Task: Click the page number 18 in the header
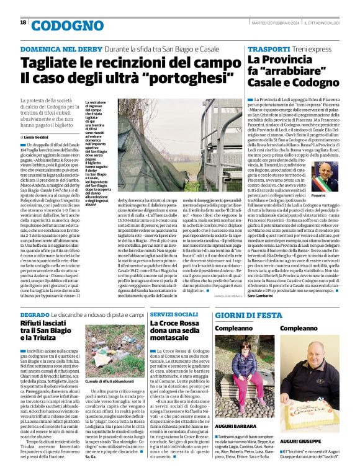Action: coord(23,22)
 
